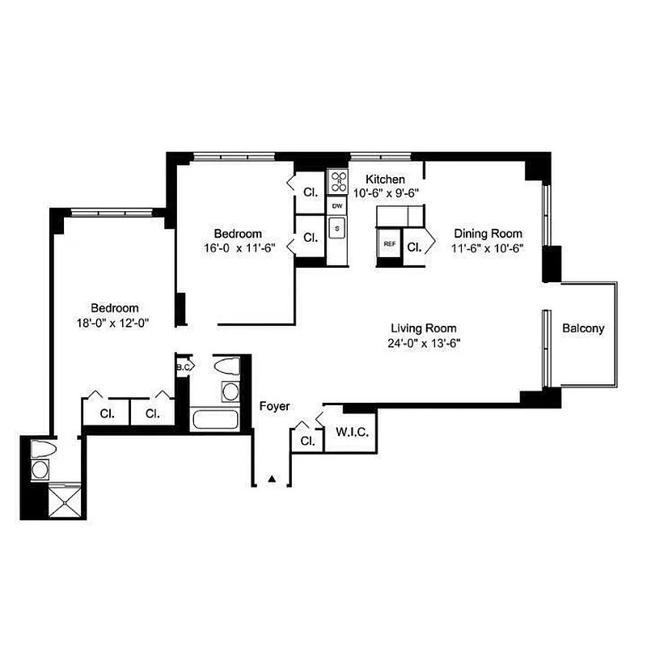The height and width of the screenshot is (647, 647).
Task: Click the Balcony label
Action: point(583,328)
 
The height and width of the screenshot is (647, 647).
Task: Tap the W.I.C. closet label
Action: point(352,433)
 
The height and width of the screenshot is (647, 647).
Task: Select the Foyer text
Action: point(274,406)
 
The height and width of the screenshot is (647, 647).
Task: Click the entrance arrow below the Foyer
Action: point(273,480)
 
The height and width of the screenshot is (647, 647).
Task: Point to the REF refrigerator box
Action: point(389,243)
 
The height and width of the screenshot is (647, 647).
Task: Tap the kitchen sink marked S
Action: point(337,229)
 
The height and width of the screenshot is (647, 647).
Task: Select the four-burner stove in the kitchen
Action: point(336,182)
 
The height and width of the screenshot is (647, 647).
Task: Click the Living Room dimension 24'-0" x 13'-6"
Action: point(423,343)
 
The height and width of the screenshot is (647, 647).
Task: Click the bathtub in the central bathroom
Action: point(215,420)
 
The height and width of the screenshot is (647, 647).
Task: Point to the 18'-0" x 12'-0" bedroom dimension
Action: point(115,322)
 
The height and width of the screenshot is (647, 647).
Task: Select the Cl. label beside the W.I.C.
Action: point(307,441)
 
